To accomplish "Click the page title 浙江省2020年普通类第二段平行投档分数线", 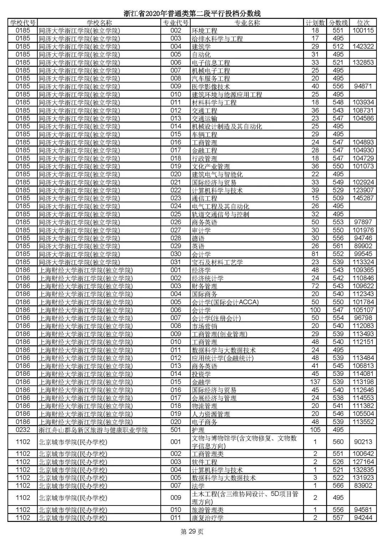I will pos(192,14).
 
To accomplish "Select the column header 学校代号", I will pos(23,23).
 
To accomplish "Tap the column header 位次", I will pos(363,23).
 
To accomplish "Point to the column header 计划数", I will pos(315,23).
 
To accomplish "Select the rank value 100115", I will pos(363,31).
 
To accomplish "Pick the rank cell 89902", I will pos(363,246).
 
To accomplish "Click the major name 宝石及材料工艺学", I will pos(217,262).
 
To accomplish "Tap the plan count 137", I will pos(315,382).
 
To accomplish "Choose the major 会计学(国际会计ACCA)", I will pos(225,302).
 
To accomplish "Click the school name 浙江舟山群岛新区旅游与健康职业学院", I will pos(93,430).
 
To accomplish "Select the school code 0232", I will pos(23,430).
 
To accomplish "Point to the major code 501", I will pos(176,430).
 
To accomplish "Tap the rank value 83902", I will pos(363,486).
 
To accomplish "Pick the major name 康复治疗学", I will pos(207,518).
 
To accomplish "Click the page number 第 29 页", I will pos(192,532).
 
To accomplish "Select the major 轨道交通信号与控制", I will pos(220,214).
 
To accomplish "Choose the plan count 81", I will pos(315,254).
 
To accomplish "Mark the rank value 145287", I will pos(363,198).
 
